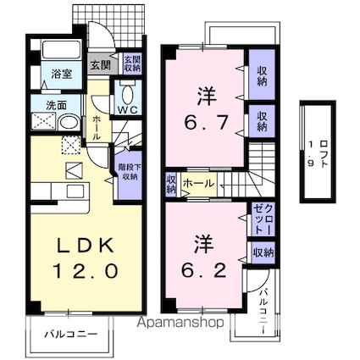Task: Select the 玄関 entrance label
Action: [99, 64]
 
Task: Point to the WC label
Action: [129, 110]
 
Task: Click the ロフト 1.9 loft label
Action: [316, 152]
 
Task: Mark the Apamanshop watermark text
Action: [176, 323]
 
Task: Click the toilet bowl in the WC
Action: [129, 92]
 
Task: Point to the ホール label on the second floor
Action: [197, 182]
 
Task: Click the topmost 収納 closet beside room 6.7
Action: [260, 77]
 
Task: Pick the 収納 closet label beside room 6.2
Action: [263, 252]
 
